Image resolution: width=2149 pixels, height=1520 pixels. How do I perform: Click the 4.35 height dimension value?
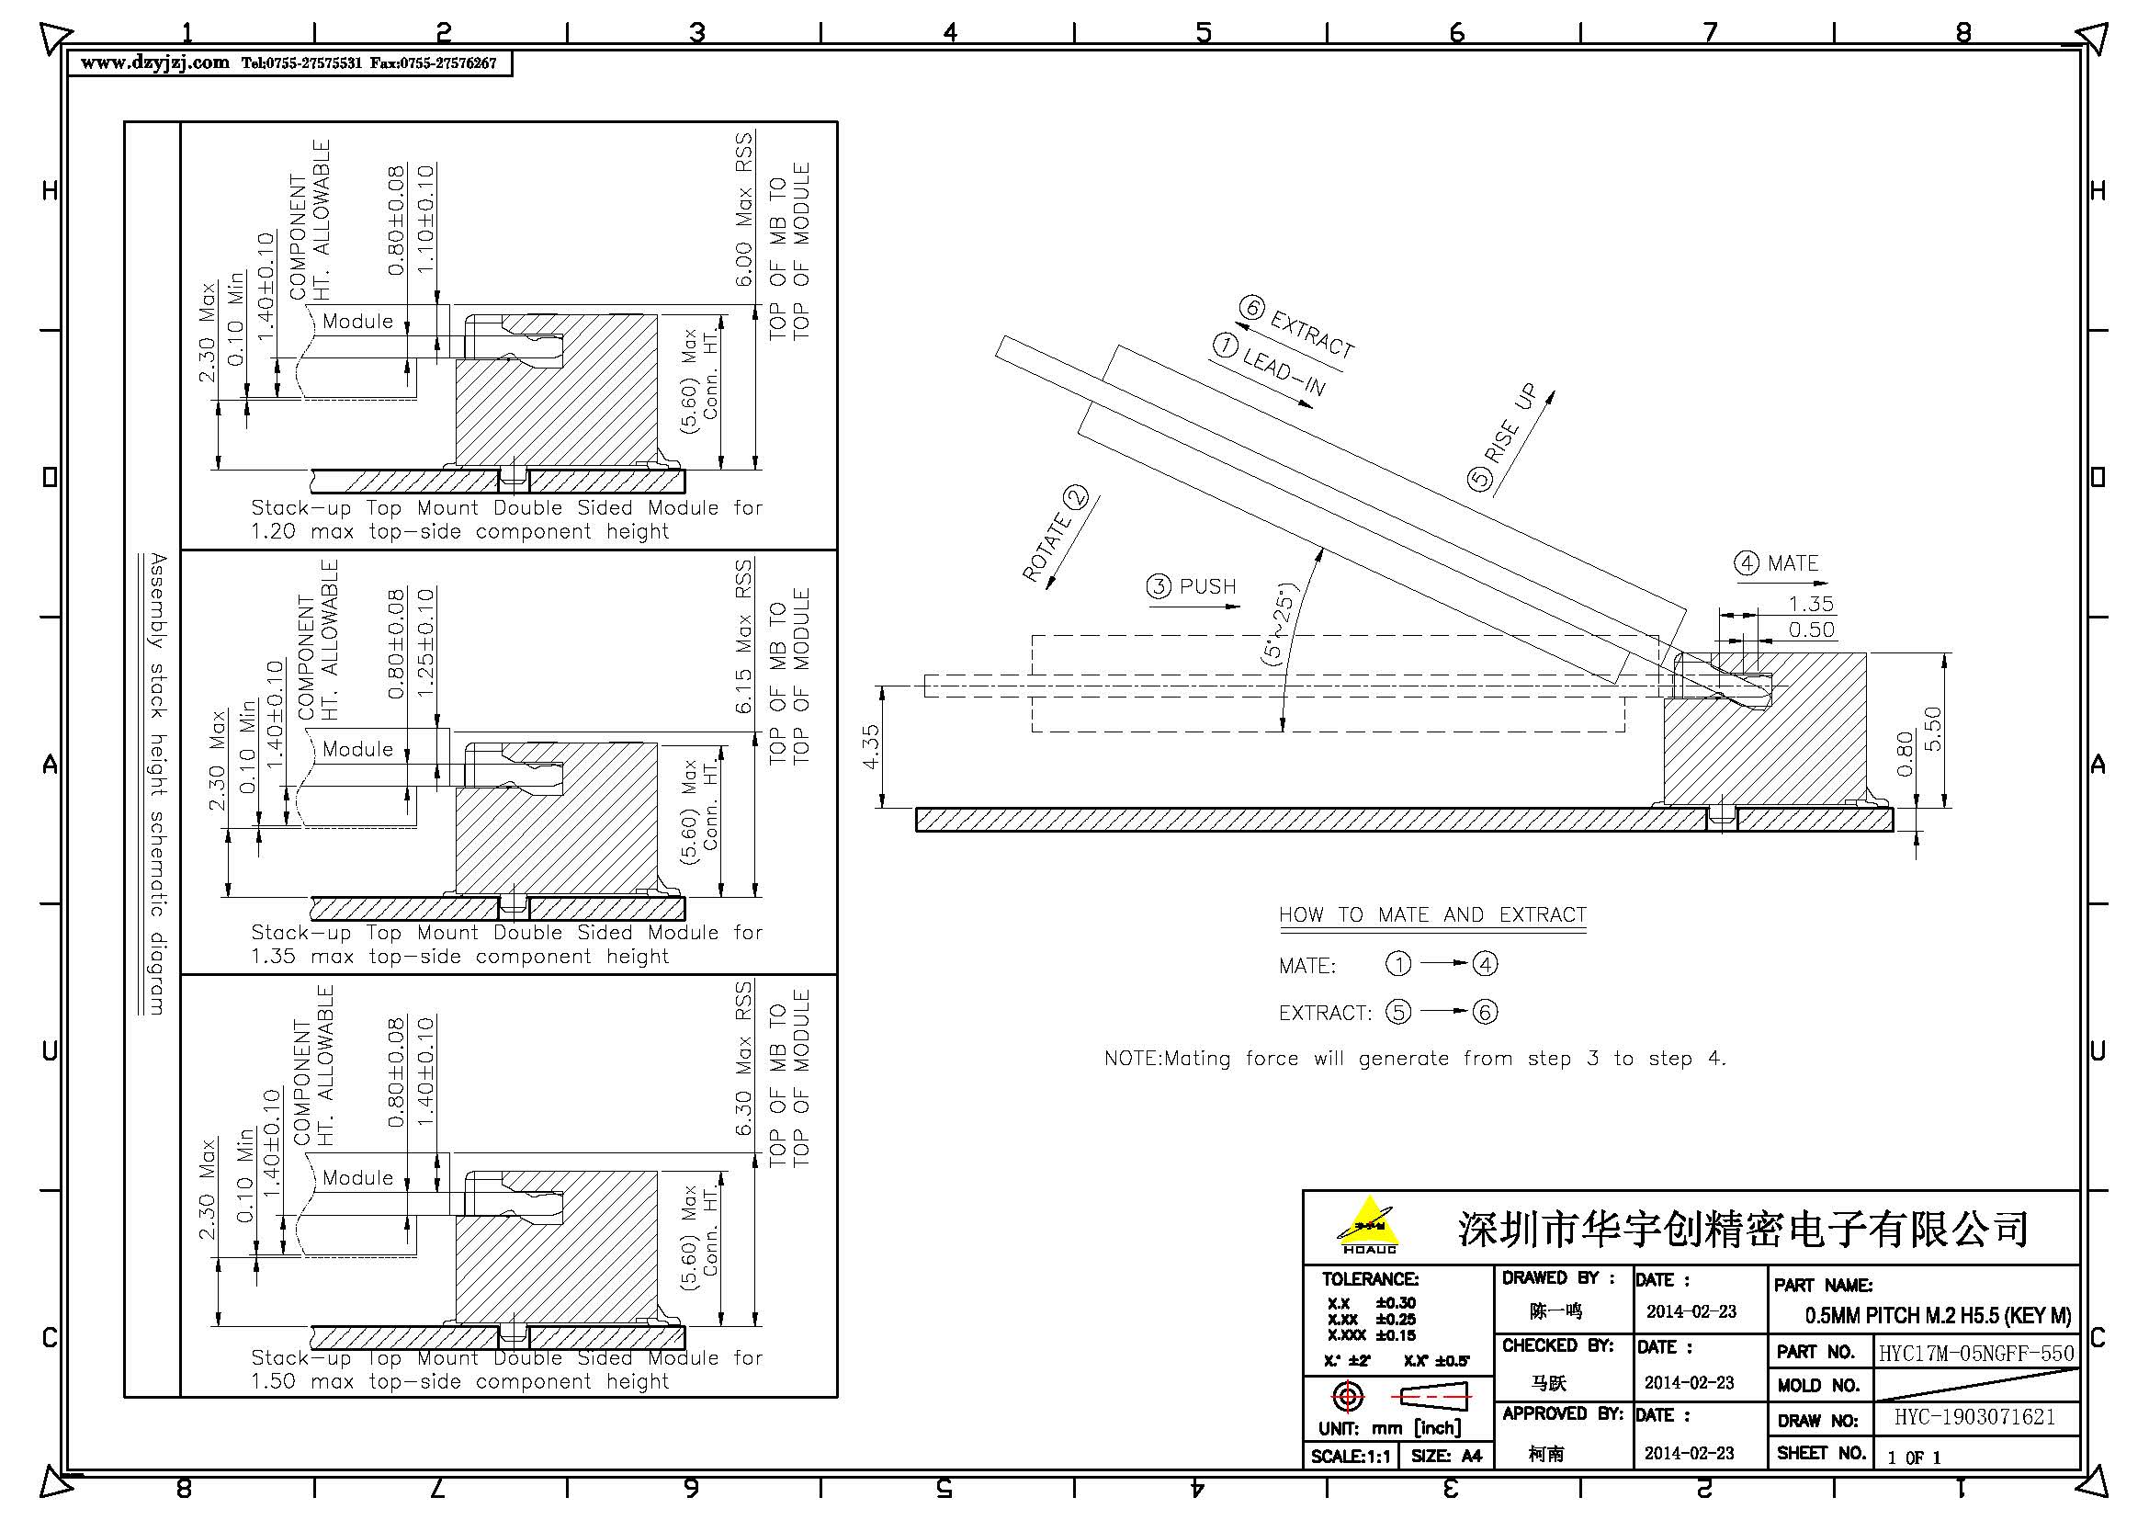click(x=870, y=746)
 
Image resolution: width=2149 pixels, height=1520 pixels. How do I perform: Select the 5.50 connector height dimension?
click(x=1932, y=728)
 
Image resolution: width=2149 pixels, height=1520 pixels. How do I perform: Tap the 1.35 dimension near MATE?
click(x=1810, y=604)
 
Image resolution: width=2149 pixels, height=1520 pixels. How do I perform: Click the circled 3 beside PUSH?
click(x=1159, y=587)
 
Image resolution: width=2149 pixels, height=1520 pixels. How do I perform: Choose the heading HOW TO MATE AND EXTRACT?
click(x=1432, y=914)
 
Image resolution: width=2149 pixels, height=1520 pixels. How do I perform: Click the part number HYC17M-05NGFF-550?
click(x=1976, y=1353)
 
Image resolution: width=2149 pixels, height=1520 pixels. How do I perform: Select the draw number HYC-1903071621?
click(x=1975, y=1417)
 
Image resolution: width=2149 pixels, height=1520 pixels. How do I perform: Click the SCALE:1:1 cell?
click(x=1350, y=1457)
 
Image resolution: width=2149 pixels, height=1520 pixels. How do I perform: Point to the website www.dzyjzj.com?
click(x=154, y=62)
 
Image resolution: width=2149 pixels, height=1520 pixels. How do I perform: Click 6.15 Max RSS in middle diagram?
click(x=743, y=637)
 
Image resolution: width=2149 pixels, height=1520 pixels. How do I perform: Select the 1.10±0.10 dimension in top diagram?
click(x=426, y=219)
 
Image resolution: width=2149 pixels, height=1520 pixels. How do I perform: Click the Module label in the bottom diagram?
click(x=357, y=1177)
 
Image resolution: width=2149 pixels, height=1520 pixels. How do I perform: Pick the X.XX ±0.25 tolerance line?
click(x=1371, y=1319)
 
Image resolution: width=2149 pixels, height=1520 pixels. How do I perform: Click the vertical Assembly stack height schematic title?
click(x=158, y=783)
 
